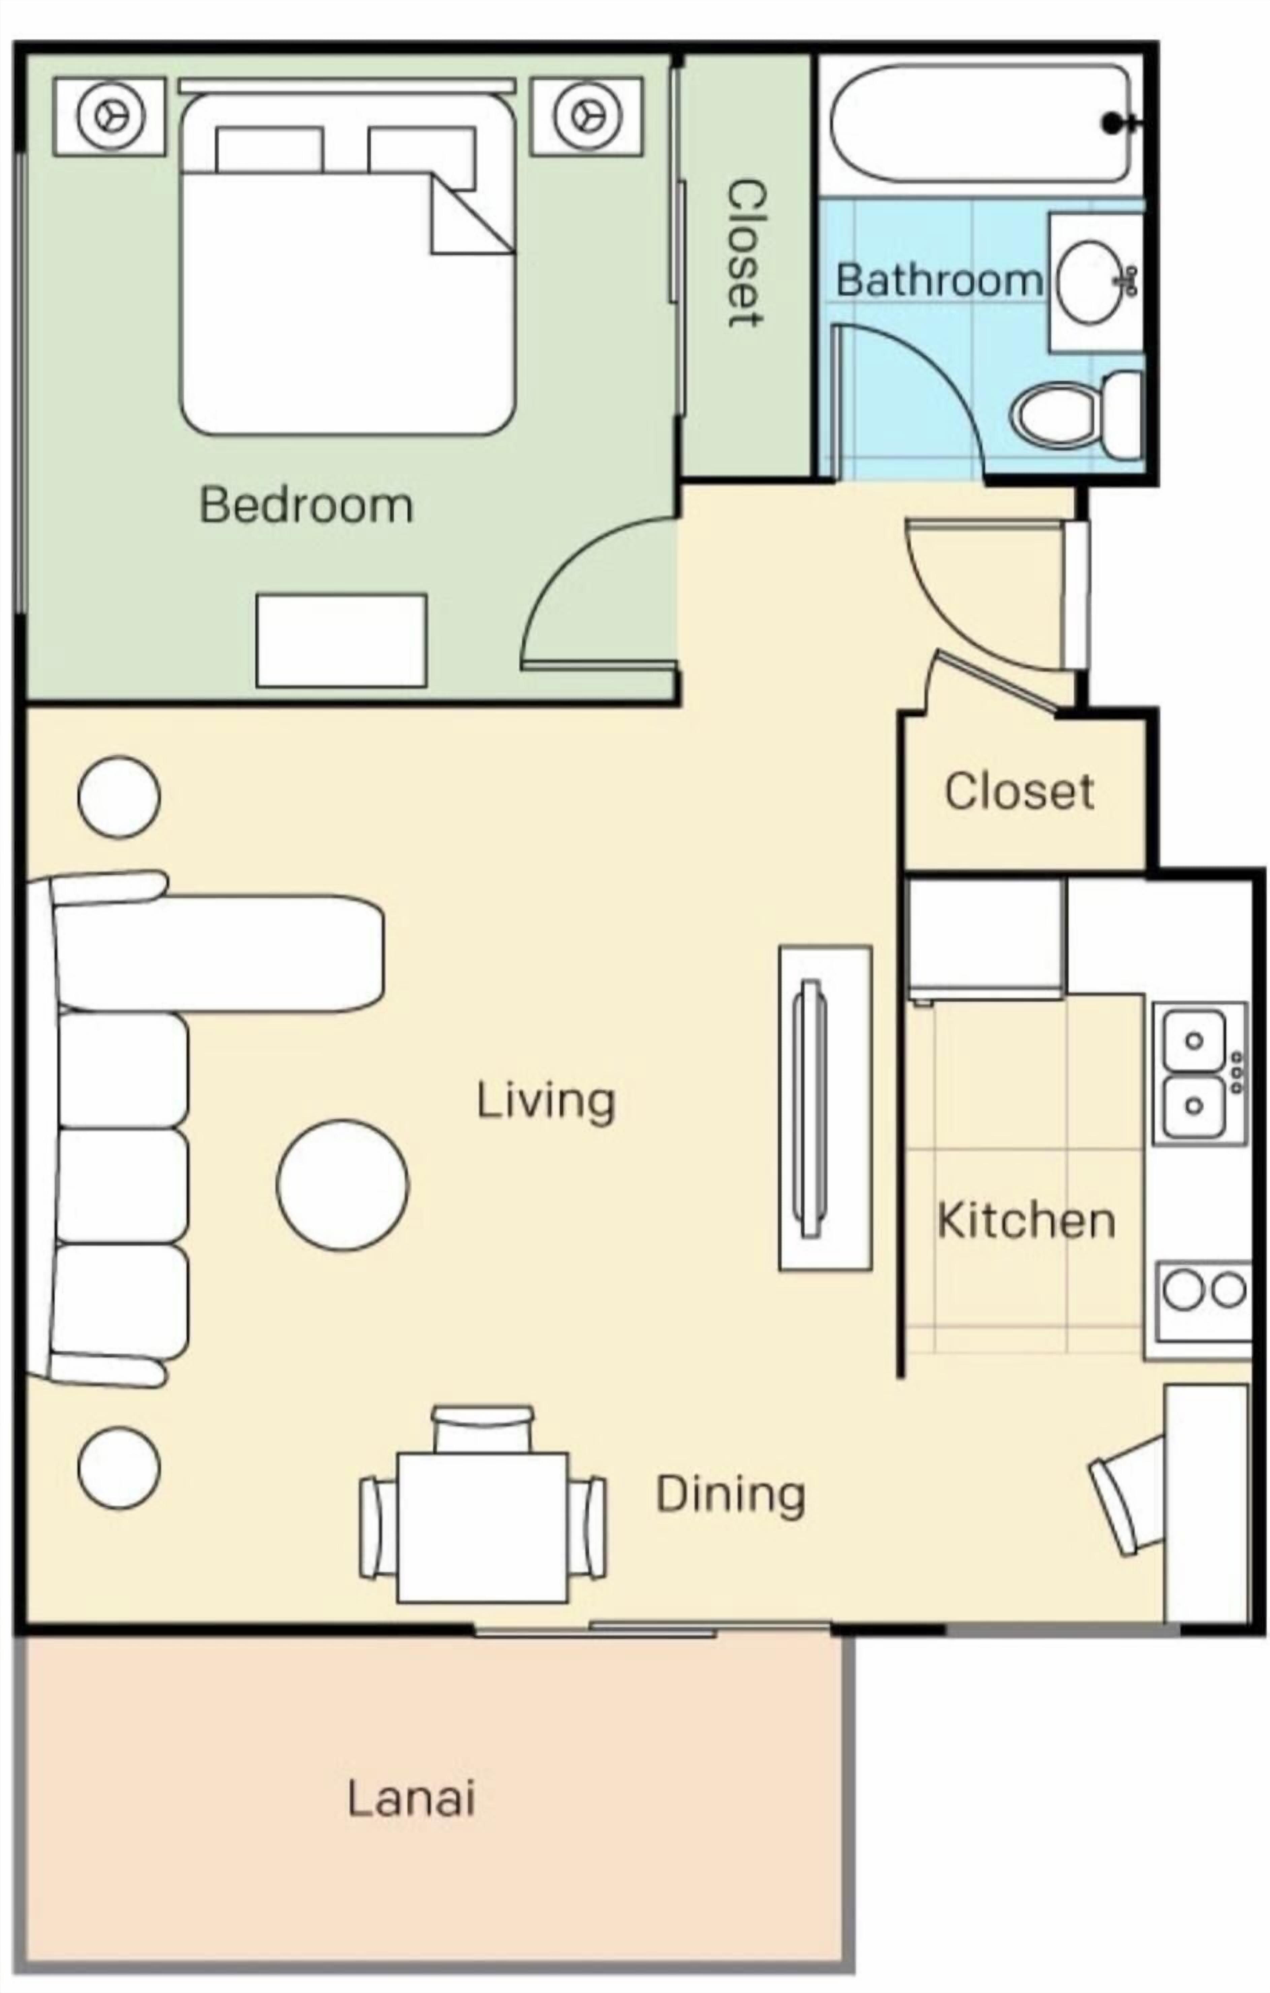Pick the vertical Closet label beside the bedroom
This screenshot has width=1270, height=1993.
click(x=745, y=252)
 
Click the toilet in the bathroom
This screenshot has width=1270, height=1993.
click(x=1076, y=414)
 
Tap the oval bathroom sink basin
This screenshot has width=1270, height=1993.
click(x=1092, y=281)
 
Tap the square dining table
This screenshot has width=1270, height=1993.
click(x=482, y=1527)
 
